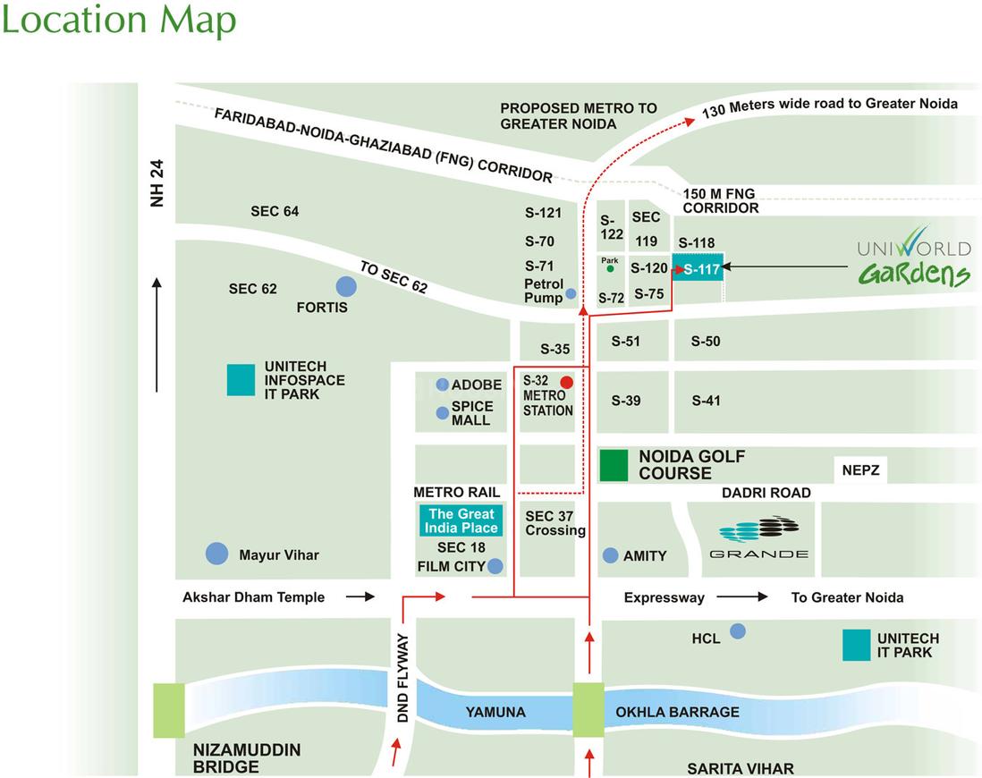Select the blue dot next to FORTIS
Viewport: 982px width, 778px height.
[346, 287]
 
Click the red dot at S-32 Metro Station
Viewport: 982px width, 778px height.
[566, 382]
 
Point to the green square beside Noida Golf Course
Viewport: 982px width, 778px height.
[614, 466]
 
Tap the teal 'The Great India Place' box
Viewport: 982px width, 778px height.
[461, 520]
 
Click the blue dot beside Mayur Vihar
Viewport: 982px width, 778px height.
[216, 554]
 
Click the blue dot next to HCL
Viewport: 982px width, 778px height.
[738, 631]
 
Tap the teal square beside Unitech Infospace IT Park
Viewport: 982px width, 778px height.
[241, 380]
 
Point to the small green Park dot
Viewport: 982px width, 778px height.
[610, 268]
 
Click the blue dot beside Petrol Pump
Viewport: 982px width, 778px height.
[571, 293]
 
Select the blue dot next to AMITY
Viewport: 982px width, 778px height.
[611, 555]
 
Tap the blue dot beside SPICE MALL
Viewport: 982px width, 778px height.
[442, 413]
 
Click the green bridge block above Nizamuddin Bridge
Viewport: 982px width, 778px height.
[169, 710]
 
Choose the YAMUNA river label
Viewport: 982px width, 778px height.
[495, 713]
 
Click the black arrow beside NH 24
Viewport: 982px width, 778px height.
[157, 335]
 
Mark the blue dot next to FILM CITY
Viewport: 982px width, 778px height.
[495, 566]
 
